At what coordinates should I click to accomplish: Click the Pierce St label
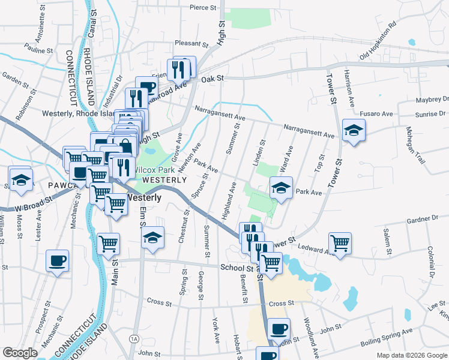pyautogui.click(x=202, y=8)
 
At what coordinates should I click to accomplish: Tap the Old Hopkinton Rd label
pyautogui.click(x=378, y=41)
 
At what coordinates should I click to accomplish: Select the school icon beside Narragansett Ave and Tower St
pyautogui.click(x=354, y=130)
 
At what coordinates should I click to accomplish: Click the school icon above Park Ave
pyautogui.click(x=280, y=187)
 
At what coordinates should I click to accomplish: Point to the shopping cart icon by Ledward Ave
pyautogui.click(x=340, y=243)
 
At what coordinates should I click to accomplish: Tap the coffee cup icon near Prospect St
pyautogui.click(x=57, y=260)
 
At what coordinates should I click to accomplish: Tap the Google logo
pyautogui.click(x=20, y=353)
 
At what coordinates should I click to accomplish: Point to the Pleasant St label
pyautogui.click(x=191, y=44)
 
